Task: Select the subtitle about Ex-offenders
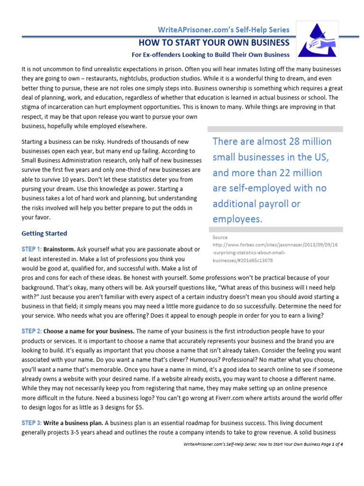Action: click(x=210, y=55)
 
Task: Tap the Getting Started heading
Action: click(x=45, y=234)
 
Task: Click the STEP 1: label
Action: click(x=32, y=249)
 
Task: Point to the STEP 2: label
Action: click(x=32, y=331)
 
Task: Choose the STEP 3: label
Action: click(x=32, y=422)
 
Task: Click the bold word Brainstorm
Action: click(x=59, y=249)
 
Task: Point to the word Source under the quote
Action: click(x=220, y=237)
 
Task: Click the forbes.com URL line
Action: click(x=275, y=245)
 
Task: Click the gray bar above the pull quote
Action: click(x=275, y=129)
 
